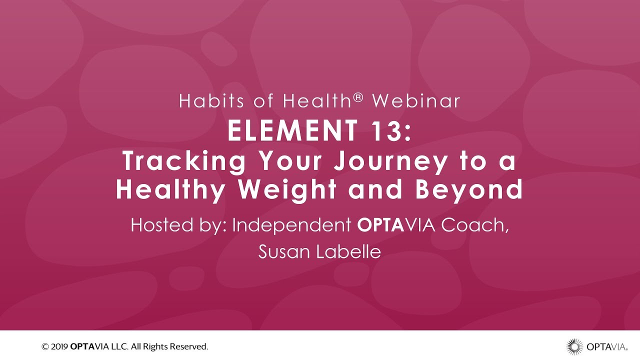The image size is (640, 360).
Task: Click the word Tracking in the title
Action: [184, 161]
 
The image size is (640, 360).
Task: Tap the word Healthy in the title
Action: [169, 190]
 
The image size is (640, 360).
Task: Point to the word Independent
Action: [292, 225]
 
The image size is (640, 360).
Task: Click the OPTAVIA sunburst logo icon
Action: [574, 346]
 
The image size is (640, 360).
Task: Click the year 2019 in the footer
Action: [59, 346]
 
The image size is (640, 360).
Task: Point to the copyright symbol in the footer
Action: [45, 346]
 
